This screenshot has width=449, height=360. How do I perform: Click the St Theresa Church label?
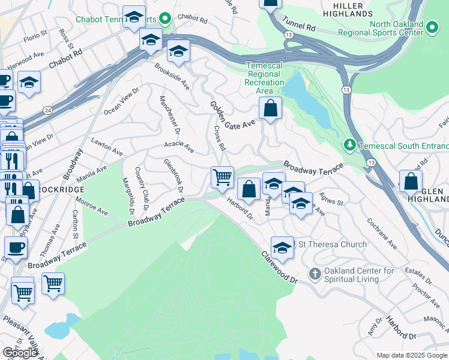tap(332, 244)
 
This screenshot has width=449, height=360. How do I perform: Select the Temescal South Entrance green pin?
tap(349, 145)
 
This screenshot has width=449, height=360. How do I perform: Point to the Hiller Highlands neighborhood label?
tap(351, 9)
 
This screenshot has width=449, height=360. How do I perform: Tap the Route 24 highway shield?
tap(47, 110)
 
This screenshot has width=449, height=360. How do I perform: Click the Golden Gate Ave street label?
tap(232, 115)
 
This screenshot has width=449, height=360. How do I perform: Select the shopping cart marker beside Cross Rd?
tap(222, 178)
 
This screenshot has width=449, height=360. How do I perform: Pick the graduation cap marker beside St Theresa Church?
tap(282, 247)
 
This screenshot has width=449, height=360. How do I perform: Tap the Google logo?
tap(20, 353)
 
